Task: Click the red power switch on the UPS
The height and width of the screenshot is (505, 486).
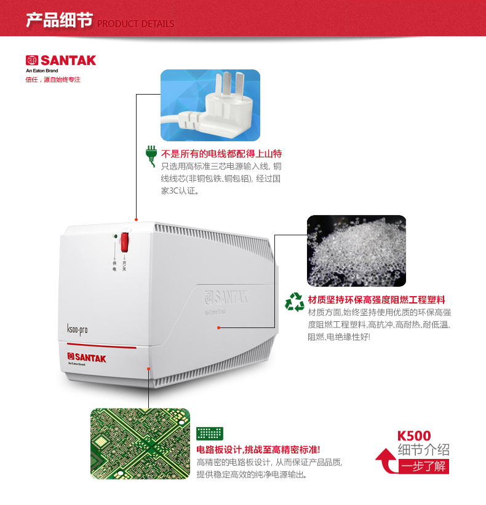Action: [x=124, y=242]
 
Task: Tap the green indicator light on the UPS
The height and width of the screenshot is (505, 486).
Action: [x=116, y=237]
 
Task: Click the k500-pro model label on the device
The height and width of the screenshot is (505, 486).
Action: [x=77, y=329]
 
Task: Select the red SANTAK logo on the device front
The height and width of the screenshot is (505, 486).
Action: [x=86, y=358]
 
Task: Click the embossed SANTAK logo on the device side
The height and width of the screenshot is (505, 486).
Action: [x=226, y=298]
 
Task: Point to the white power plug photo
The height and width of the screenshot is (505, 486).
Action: [x=210, y=105]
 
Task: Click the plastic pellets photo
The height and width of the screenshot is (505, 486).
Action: [x=356, y=251]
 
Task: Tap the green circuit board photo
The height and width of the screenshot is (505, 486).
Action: [x=140, y=444]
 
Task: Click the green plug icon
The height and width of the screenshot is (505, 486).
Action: [x=151, y=156]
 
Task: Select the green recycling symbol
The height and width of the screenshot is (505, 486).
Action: [x=295, y=302]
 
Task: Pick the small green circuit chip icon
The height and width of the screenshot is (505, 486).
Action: [x=210, y=434]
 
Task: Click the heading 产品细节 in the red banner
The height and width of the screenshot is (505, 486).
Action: [x=60, y=20]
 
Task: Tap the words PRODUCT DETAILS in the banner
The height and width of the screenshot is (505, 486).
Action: [x=135, y=24]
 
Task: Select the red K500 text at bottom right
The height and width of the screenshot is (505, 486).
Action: [x=414, y=436]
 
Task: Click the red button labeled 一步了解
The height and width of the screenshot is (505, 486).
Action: [x=423, y=466]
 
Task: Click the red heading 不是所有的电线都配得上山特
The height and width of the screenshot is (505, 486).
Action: [x=221, y=154]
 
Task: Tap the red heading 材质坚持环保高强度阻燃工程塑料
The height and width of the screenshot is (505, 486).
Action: [x=376, y=300]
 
